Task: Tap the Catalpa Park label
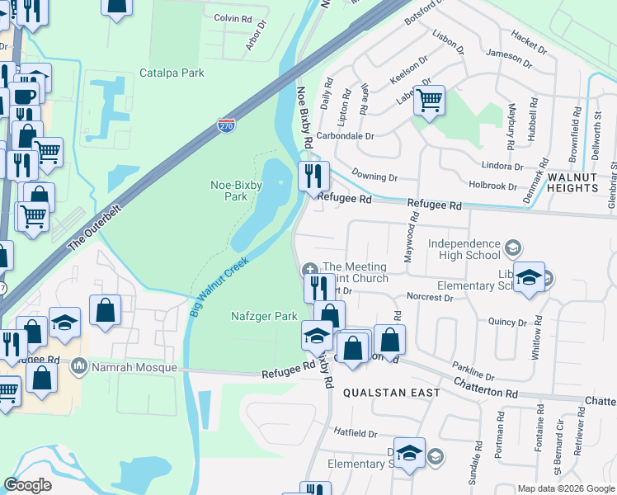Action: [x=172, y=73]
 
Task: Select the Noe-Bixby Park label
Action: [x=224, y=191]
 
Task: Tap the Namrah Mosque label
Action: [x=134, y=367]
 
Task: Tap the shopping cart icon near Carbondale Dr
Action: [x=429, y=101]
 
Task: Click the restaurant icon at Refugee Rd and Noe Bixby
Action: [x=313, y=176]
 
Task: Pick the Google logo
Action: [x=27, y=485]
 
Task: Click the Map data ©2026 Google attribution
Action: [x=566, y=488]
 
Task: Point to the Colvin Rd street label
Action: [x=233, y=18]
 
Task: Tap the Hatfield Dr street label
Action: [x=355, y=432]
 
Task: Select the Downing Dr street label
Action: [x=374, y=177]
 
